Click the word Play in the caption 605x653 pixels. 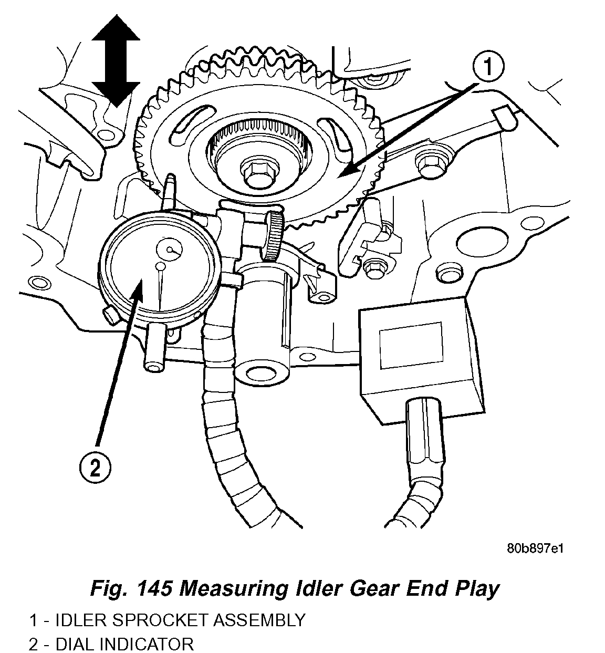point(475,589)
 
